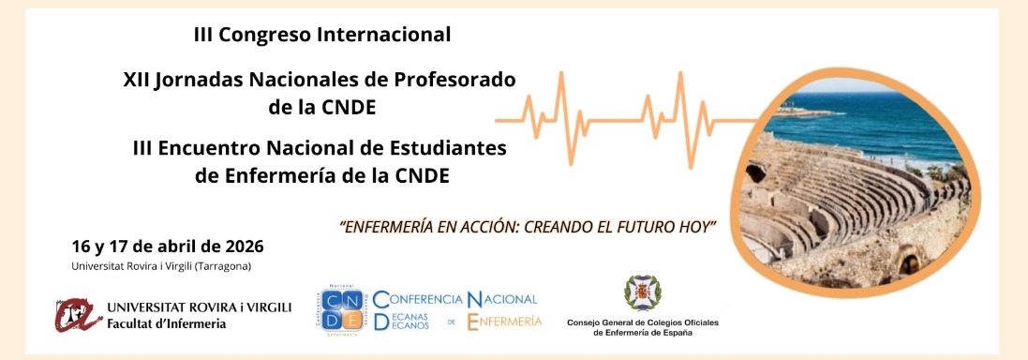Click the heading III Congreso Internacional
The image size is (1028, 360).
[321, 36]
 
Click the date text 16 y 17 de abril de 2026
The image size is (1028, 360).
[168, 247]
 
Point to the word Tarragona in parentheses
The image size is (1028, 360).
[229, 266]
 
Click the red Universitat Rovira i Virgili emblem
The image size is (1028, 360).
[77, 315]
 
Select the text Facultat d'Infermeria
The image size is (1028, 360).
[167, 323]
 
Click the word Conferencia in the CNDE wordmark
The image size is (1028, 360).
[418, 299]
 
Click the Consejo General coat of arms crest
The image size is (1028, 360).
[643, 294]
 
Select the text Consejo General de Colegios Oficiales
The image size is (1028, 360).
[643, 322]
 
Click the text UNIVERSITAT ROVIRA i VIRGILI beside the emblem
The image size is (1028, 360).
[200, 307]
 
